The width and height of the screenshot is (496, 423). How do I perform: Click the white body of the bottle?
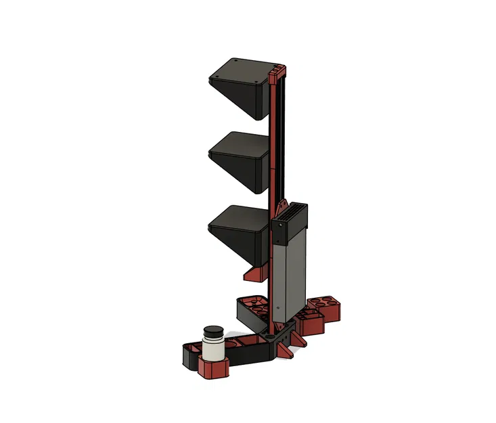tap(215, 349)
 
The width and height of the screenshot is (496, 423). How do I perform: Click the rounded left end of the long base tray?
tap(188, 355)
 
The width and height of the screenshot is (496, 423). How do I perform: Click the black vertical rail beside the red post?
tap(285, 135)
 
